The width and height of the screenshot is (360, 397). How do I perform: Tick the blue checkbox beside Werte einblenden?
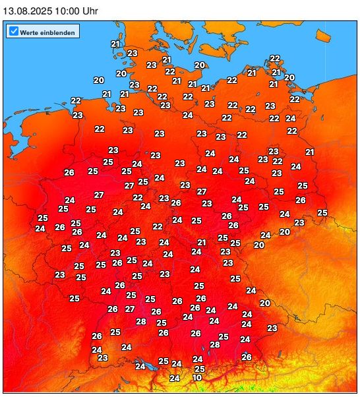13,31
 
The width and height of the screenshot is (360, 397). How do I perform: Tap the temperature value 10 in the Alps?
197,378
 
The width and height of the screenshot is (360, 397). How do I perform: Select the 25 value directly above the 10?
200,369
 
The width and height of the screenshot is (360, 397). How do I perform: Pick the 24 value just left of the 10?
174,379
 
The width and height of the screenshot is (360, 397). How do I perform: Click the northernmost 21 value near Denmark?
116,44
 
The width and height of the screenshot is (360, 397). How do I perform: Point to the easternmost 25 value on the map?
322,212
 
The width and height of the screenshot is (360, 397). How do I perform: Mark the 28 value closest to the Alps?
215,344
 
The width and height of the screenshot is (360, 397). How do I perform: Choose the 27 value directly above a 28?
130,309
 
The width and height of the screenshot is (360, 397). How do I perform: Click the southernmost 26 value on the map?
247,357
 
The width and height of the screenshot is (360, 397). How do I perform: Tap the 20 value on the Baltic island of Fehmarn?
200,65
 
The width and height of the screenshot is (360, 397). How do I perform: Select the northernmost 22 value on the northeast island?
275,58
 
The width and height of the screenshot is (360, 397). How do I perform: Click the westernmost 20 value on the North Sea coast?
99,80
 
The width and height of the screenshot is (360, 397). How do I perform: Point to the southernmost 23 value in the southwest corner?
102,357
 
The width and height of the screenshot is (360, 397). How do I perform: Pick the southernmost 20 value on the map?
265,303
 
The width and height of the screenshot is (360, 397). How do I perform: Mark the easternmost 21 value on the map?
310,152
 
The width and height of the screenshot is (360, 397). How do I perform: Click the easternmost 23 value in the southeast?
272,328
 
